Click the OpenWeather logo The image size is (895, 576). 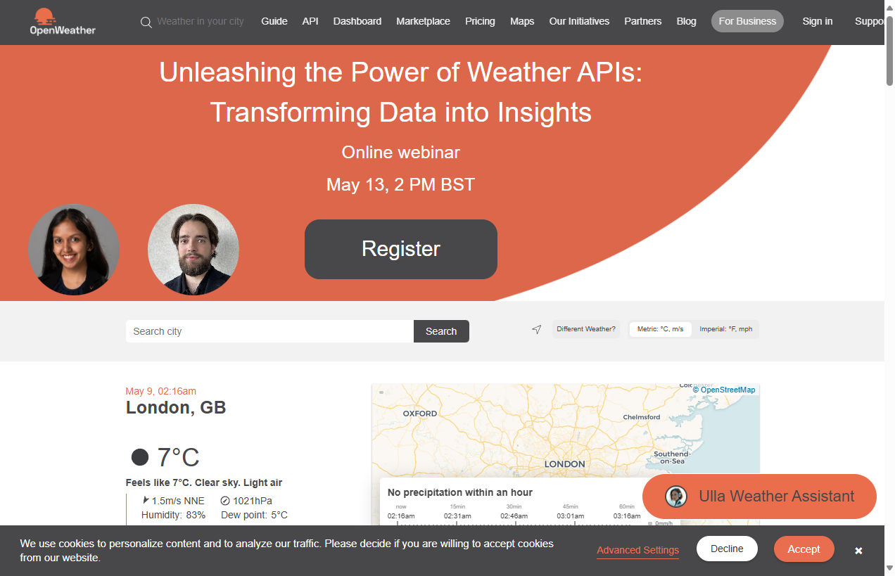click(x=63, y=22)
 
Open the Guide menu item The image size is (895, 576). click(x=274, y=21)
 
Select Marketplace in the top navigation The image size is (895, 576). click(x=423, y=21)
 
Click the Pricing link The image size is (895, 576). click(x=480, y=21)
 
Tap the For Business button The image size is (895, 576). click(x=747, y=21)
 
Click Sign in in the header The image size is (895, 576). click(x=817, y=21)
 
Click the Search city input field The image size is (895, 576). click(x=269, y=331)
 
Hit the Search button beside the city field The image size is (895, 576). click(x=441, y=331)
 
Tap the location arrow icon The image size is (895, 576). click(x=537, y=329)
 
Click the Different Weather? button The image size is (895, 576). click(x=586, y=329)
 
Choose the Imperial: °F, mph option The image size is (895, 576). click(x=725, y=329)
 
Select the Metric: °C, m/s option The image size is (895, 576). click(x=660, y=329)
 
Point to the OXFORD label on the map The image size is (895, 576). click(x=420, y=414)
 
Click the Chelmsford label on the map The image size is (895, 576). click(x=642, y=417)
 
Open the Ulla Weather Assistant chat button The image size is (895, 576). click(x=759, y=497)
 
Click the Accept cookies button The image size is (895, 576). click(x=804, y=549)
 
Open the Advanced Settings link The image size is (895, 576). click(x=637, y=550)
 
